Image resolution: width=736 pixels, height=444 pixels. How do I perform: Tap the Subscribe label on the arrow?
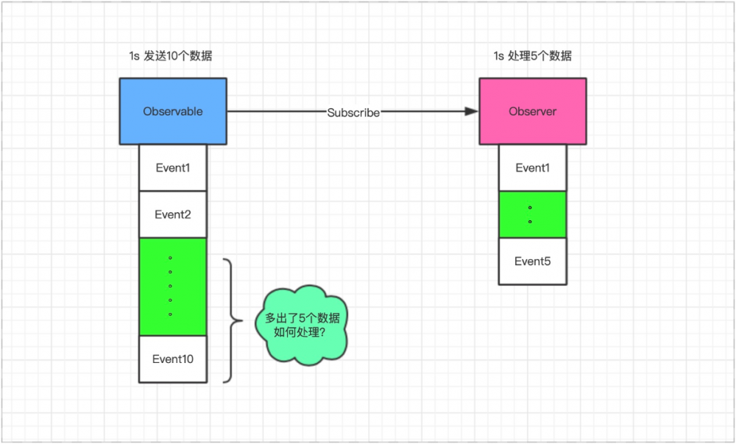353,113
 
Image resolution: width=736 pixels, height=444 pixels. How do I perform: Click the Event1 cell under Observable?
173,168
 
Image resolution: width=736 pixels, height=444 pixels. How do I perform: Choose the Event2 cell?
173,215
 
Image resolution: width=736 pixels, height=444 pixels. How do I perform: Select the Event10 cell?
173,359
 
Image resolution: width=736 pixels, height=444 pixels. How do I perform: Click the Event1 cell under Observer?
532,168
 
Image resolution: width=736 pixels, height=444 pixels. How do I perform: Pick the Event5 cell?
532,261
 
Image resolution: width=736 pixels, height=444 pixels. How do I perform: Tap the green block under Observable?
173,287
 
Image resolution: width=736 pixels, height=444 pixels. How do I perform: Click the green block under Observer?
532,214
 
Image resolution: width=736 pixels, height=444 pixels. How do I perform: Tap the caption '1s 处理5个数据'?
532,57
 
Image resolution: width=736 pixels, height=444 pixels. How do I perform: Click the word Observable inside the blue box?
173,112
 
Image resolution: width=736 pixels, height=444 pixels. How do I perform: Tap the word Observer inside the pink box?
533,112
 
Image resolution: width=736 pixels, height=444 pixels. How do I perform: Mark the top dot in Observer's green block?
530,208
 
